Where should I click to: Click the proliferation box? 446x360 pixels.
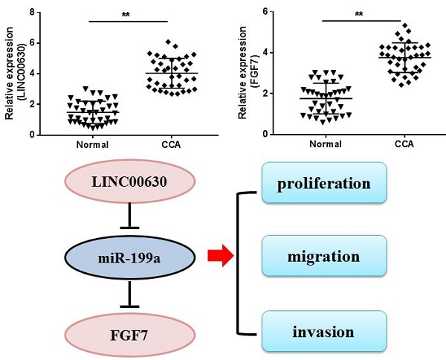[x=324, y=182]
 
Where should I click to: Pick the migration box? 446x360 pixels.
[x=324, y=257]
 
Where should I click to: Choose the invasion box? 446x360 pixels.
[x=324, y=332]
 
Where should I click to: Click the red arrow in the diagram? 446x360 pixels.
[x=221, y=257]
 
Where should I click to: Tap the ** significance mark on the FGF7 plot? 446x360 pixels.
[x=359, y=14]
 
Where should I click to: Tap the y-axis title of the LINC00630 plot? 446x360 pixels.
[x=13, y=73]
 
